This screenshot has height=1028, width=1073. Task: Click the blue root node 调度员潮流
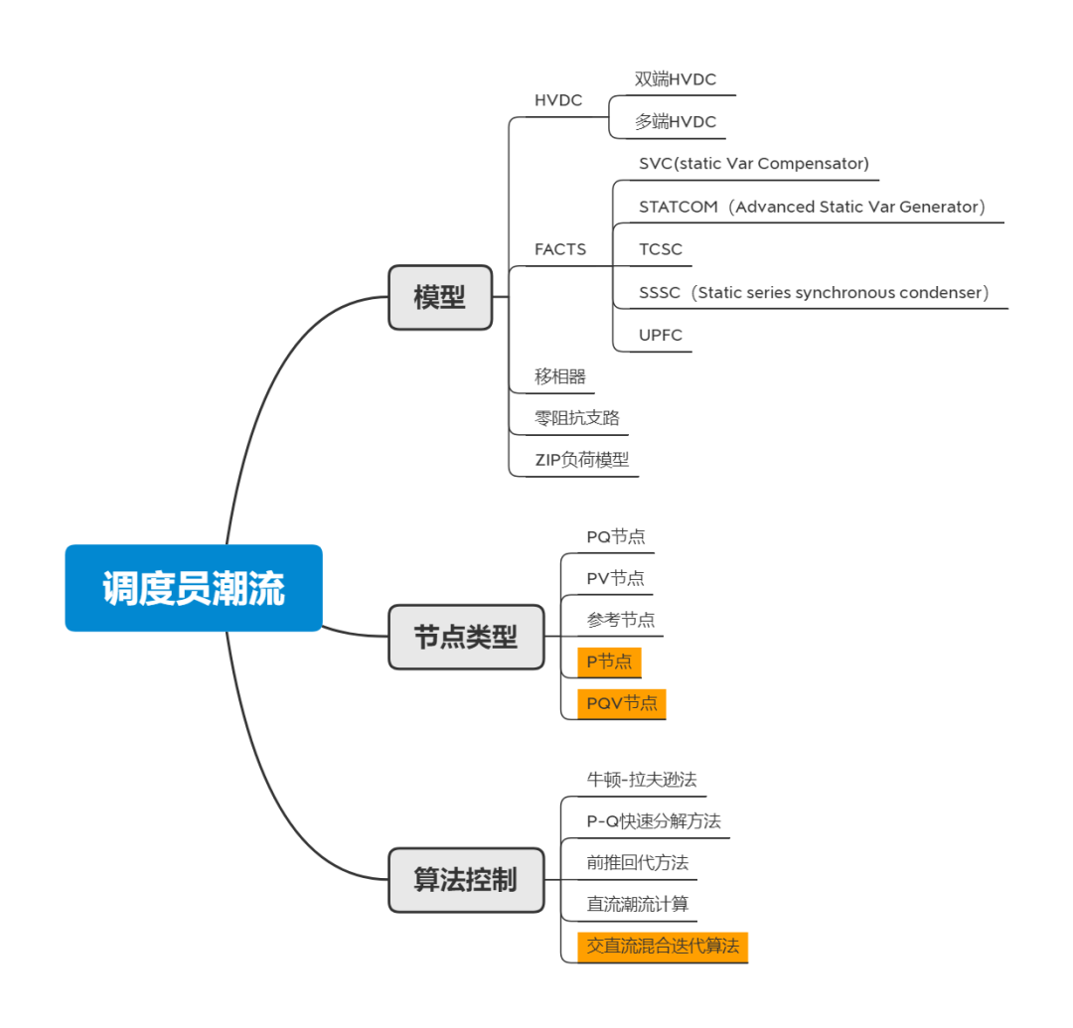194,588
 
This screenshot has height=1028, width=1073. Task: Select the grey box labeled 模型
440,297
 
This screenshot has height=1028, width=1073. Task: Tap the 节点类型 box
466,637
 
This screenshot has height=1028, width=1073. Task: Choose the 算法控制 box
466,879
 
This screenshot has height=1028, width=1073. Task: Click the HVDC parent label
558,100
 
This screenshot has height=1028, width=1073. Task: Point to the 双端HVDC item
676,79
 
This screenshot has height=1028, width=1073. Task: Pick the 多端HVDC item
676,122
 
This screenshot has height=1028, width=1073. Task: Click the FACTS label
560,249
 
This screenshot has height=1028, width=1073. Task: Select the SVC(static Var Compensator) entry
754,163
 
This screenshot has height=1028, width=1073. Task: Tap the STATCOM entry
812,207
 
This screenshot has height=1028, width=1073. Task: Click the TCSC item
661,249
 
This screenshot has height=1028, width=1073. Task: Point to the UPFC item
661,335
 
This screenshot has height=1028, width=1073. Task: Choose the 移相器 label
560,376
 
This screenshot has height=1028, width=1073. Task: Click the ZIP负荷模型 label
582,459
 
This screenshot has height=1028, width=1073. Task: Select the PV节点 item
615,578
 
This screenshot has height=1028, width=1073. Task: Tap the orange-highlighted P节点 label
609,661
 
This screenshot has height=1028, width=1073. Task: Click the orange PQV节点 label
622,703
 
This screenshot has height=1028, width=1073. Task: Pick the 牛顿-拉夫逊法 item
649,779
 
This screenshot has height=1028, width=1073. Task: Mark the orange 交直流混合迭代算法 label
663,946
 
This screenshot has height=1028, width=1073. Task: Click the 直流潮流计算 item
637,904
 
